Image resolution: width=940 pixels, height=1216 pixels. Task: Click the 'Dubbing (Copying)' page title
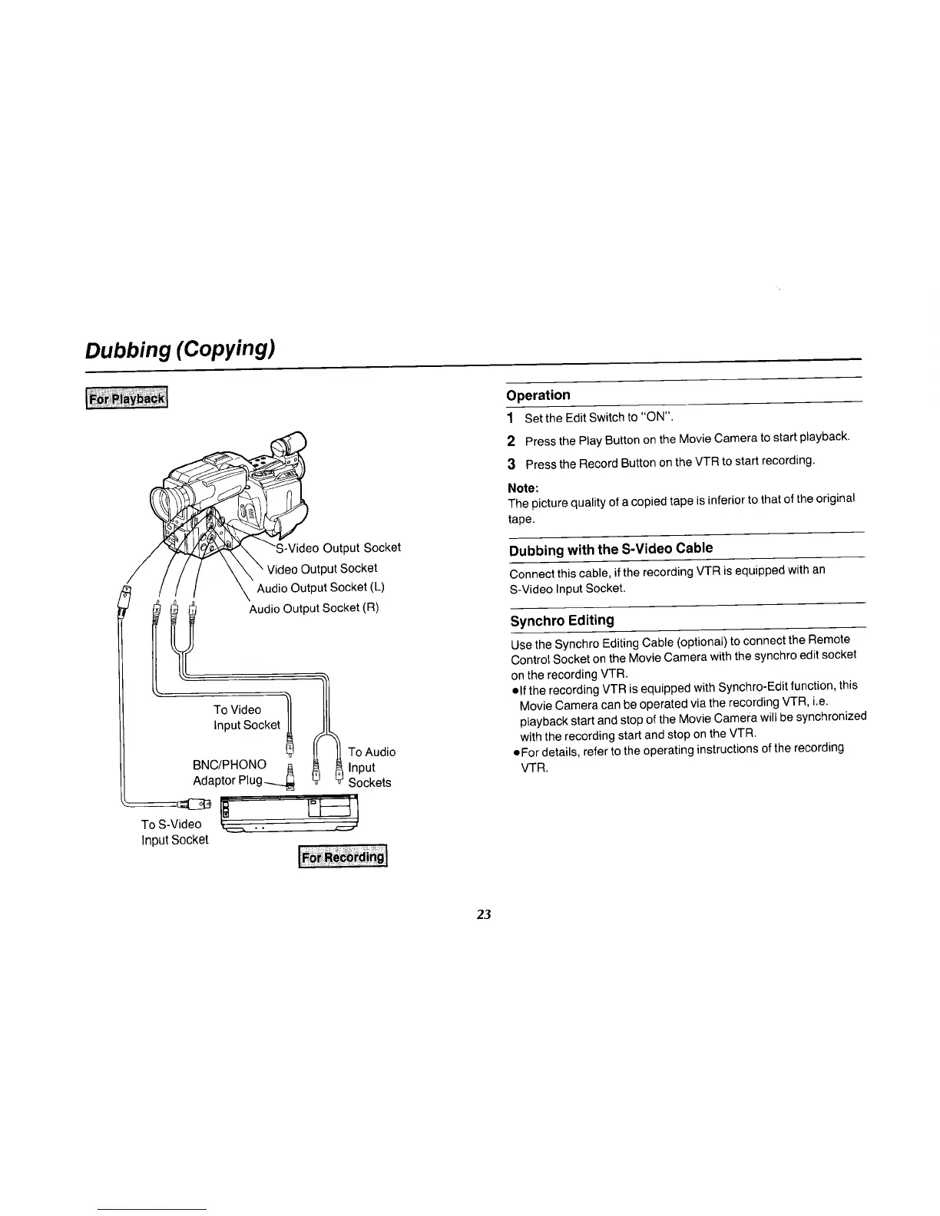click(x=180, y=349)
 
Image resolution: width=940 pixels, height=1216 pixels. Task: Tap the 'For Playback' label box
click(x=127, y=399)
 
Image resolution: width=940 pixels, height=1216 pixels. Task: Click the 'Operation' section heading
click(x=538, y=395)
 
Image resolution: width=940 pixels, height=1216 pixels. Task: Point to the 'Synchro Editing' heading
click(x=562, y=620)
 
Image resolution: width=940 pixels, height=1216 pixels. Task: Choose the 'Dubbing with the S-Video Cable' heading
click(x=611, y=548)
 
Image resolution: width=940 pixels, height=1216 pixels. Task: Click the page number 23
click(x=483, y=914)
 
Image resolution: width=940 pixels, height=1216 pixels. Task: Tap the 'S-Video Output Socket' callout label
click(x=338, y=547)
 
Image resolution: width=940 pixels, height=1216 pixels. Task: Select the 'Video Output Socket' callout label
click(x=322, y=568)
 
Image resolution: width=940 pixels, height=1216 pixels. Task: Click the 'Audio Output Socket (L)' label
click(x=320, y=588)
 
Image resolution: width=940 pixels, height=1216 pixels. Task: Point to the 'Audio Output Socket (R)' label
click(x=314, y=608)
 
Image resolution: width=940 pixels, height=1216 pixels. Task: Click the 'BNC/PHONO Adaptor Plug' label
click(x=230, y=772)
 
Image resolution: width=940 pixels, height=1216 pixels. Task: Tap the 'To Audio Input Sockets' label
click(x=371, y=767)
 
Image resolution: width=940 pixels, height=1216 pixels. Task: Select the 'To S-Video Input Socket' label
click(x=174, y=831)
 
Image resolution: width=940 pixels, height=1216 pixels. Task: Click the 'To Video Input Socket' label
click(x=246, y=717)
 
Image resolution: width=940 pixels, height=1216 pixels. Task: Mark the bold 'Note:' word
click(x=523, y=488)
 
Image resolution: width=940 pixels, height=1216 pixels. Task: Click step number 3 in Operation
click(x=511, y=464)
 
